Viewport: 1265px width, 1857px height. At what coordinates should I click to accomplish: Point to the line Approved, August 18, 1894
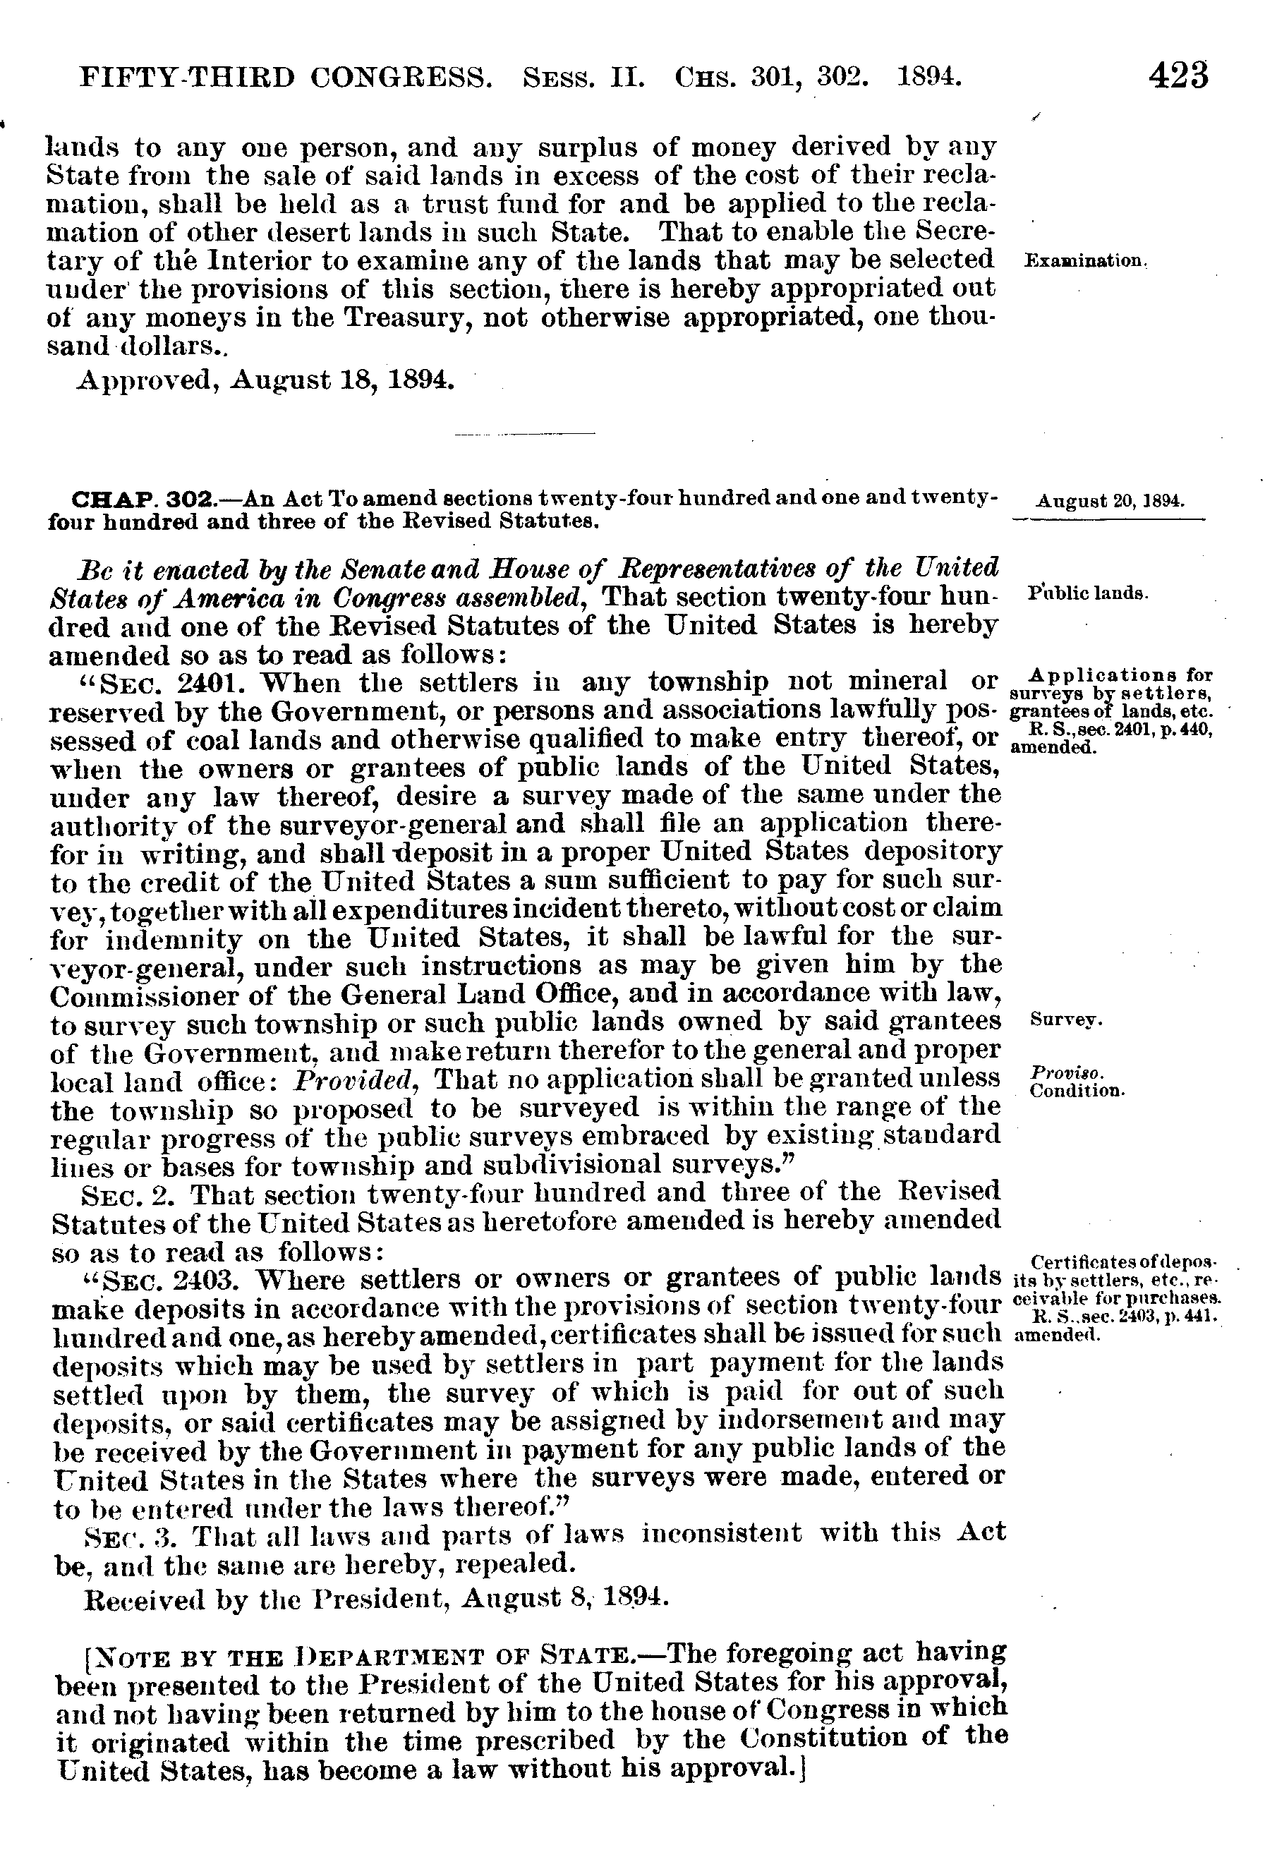click(x=266, y=379)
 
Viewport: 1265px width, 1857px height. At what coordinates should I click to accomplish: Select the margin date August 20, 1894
click(x=1110, y=502)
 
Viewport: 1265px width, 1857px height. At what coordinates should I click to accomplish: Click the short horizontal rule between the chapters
click(x=524, y=434)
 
